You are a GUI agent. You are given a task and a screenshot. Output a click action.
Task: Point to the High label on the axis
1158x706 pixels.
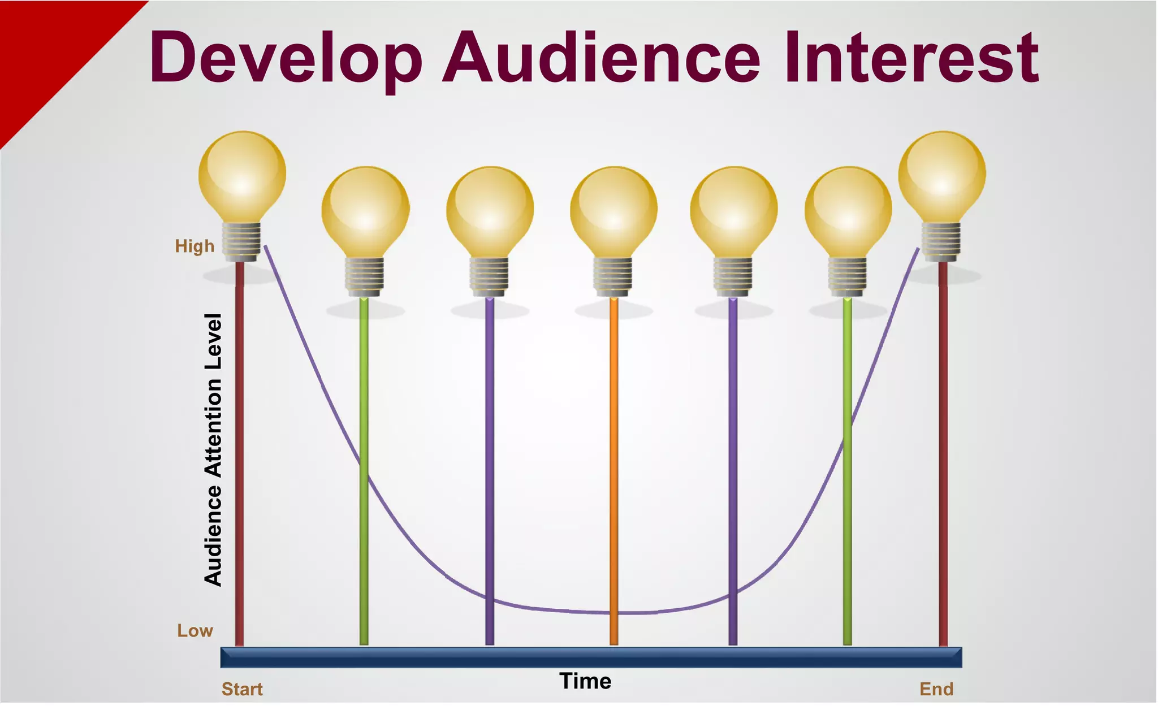(x=195, y=246)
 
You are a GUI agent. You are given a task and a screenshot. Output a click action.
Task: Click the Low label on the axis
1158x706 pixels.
(x=195, y=631)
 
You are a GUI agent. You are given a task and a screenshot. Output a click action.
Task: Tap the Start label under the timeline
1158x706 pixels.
(x=242, y=689)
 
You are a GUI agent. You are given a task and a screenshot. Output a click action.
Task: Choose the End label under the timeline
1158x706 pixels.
(x=936, y=689)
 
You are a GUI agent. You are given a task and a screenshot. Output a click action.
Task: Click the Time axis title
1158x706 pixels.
(x=585, y=681)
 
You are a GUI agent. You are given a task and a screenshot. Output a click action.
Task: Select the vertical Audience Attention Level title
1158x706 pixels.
(x=213, y=449)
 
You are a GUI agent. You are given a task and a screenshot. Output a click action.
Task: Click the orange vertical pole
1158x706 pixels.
(x=613, y=469)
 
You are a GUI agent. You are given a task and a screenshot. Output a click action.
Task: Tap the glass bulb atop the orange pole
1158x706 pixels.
(x=613, y=209)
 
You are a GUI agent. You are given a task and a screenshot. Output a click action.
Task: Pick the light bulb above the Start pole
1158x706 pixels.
(x=242, y=175)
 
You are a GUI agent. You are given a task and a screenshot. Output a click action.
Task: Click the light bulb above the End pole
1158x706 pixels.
(x=942, y=175)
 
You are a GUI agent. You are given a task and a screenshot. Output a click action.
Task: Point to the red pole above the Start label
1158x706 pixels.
(x=239, y=452)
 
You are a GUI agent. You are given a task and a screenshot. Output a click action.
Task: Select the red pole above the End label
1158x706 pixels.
(x=943, y=452)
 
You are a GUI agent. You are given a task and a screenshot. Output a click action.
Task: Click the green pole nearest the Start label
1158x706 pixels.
(x=364, y=396)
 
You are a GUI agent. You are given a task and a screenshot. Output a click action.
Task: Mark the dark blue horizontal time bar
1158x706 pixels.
(x=591, y=657)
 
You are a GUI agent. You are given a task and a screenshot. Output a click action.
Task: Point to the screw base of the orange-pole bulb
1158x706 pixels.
(x=613, y=276)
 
